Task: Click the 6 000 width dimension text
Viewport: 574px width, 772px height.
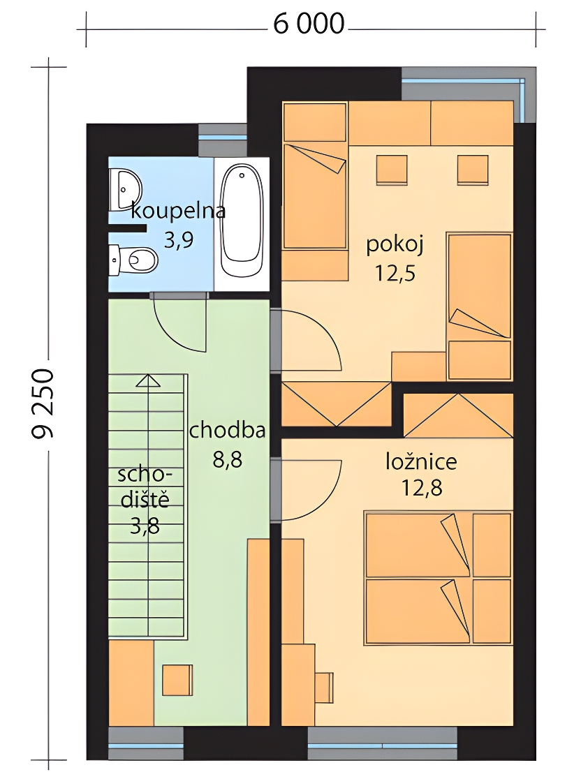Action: tap(309, 24)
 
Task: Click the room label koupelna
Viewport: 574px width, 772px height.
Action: tap(178, 211)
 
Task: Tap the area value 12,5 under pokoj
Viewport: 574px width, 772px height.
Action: tap(395, 273)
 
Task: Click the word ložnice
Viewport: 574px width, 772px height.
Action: tap(421, 461)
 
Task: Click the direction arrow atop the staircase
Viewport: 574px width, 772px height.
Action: tap(147, 381)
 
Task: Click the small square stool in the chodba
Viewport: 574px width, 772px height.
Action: tap(177, 679)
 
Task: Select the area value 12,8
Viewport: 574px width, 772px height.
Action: tap(421, 489)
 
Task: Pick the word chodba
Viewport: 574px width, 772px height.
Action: tap(227, 431)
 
